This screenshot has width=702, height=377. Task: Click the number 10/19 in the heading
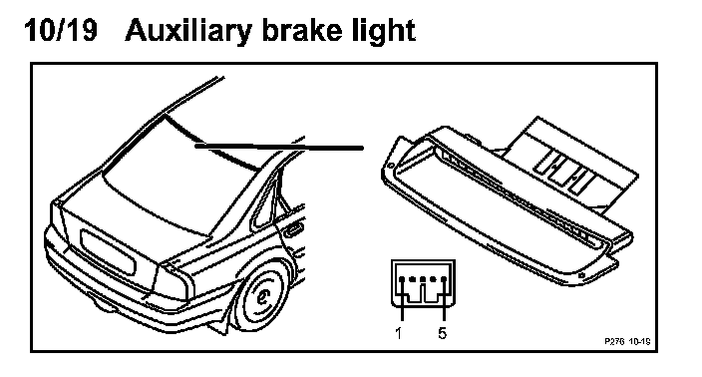[x=61, y=31]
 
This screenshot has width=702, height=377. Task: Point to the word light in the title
[x=385, y=32]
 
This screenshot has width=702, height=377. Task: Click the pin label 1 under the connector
[x=399, y=333]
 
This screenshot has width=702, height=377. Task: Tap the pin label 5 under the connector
[x=443, y=333]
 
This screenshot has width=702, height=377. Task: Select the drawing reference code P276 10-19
[x=627, y=342]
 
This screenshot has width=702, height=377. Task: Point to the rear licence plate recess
[x=108, y=252]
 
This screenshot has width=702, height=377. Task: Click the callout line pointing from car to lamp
[x=279, y=147]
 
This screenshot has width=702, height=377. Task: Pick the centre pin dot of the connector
[x=423, y=279]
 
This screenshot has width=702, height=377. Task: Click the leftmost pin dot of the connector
[x=402, y=279]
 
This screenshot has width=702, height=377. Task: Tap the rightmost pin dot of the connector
[x=444, y=279]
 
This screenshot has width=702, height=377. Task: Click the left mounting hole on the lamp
[x=391, y=167]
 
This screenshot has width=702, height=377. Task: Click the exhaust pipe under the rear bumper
[x=104, y=307]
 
